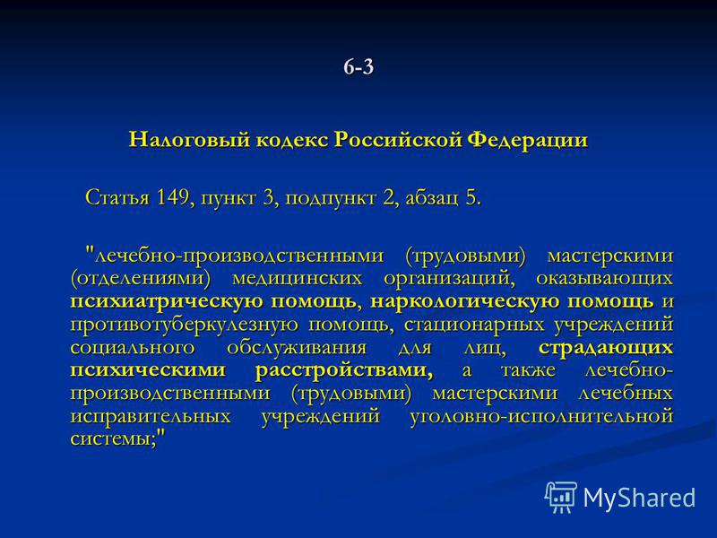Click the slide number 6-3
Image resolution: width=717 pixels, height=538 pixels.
coord(358,67)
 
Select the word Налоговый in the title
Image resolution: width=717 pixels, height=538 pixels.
coord(190,139)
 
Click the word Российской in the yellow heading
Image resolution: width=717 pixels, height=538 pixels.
coord(398,139)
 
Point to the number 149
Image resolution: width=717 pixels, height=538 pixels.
coord(172,197)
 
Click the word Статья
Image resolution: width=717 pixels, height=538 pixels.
coord(117,197)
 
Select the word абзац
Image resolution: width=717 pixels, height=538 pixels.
coord(431,198)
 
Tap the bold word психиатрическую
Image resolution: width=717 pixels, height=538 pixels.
coord(167,301)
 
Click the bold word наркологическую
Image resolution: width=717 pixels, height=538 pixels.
coord(466,301)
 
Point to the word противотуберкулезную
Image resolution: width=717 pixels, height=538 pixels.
coord(186,325)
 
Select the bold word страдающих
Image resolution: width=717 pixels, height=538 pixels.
coord(606,348)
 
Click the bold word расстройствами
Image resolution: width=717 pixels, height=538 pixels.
coord(344,370)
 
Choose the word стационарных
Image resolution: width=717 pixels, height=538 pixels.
coord(474,325)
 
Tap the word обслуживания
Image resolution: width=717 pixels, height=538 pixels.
coord(297,348)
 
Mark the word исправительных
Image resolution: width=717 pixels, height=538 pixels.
coord(151,416)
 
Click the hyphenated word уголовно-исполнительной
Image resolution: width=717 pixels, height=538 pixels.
coord(541,416)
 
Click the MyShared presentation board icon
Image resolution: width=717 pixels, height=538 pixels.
coord(561,497)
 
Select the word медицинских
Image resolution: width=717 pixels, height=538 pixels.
coord(297,279)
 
